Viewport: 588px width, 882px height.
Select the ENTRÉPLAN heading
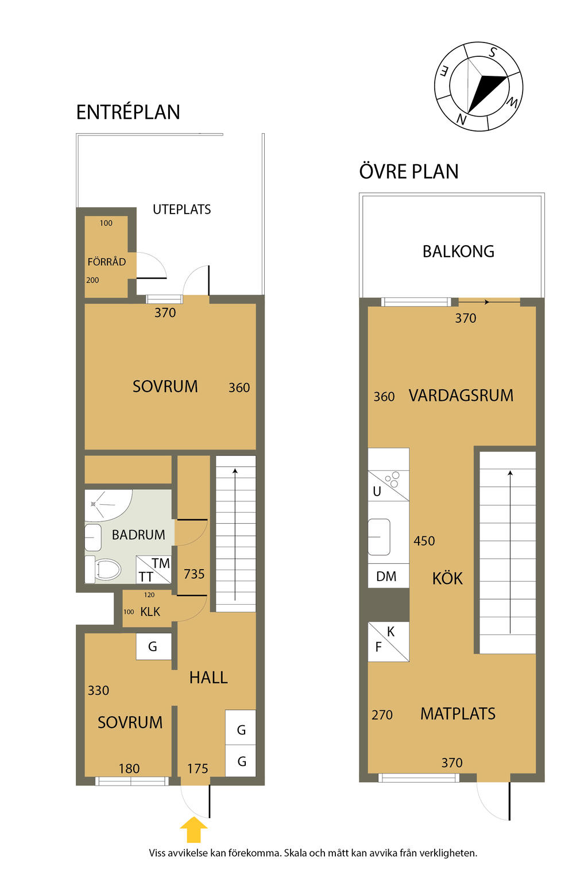(128, 112)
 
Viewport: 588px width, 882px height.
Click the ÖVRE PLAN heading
(409, 171)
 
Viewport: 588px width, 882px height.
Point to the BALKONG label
(458, 251)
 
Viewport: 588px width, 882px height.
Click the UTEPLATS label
(181, 209)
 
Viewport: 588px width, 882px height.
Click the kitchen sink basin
(379, 537)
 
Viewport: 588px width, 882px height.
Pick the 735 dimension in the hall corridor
(194, 574)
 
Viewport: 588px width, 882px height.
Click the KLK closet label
(150, 612)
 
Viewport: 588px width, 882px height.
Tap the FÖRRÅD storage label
(107, 262)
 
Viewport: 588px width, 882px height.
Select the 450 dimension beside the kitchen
(424, 540)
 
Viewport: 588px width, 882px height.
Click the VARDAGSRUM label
(461, 395)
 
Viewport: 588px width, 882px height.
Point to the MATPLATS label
(458, 714)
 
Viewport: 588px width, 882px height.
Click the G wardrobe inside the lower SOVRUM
(153, 646)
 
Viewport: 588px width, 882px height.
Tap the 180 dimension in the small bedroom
(129, 768)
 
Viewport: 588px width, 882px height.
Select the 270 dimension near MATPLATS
(382, 714)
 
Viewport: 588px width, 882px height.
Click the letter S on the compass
(493, 52)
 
